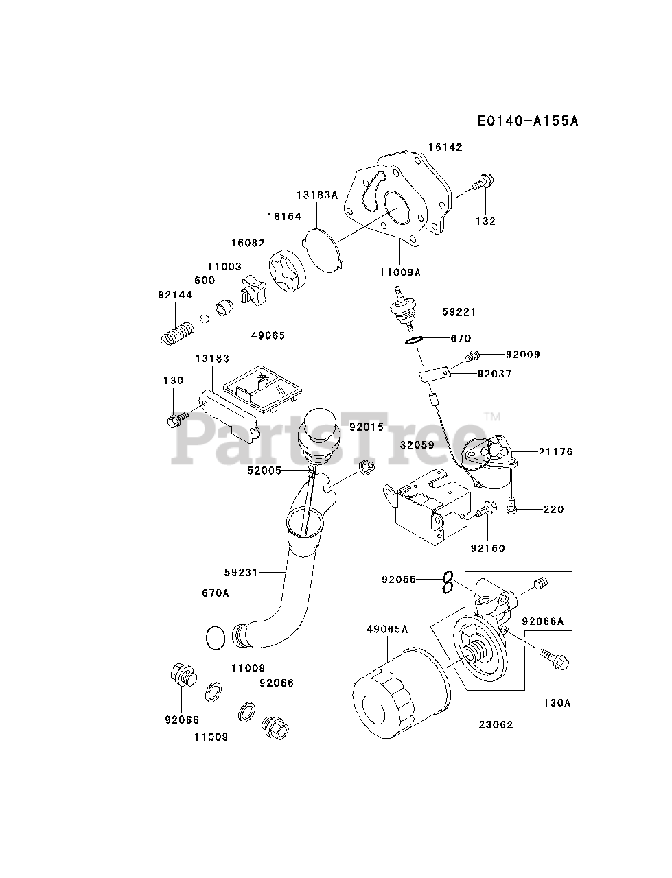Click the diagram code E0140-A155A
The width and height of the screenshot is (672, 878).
pyautogui.click(x=528, y=121)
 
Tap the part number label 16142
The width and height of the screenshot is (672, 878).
pyautogui.click(x=445, y=147)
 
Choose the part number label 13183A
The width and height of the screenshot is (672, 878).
pyautogui.click(x=317, y=195)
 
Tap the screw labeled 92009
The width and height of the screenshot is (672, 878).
pyautogui.click(x=472, y=355)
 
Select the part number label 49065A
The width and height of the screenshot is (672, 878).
pyautogui.click(x=387, y=629)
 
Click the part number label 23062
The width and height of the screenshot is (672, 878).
pyautogui.click(x=496, y=725)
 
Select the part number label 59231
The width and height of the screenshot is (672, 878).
pyautogui.click(x=241, y=572)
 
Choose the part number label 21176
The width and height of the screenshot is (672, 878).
pyautogui.click(x=555, y=452)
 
